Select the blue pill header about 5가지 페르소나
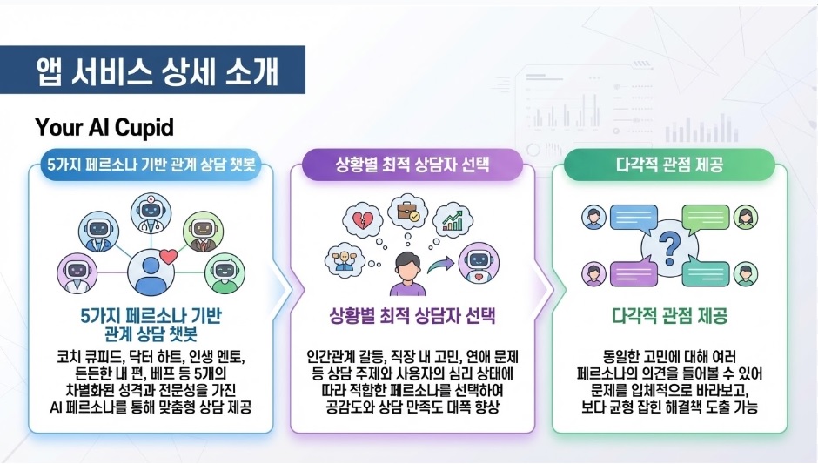click(153, 165)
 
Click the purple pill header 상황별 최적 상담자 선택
click(412, 165)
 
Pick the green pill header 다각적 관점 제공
click(669, 165)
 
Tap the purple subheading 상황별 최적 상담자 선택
click(412, 314)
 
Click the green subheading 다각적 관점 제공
click(669, 314)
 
